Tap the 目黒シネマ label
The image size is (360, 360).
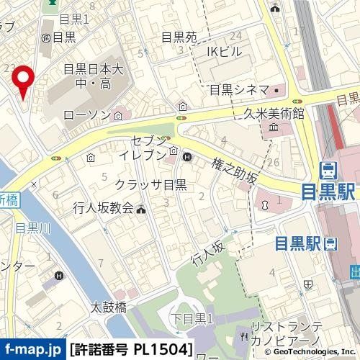tap(238, 90)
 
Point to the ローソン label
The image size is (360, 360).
tap(87, 114)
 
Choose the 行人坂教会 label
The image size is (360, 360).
tap(103, 209)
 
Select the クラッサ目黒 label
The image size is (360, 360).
tap(151, 184)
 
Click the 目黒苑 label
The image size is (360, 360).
tap(179, 37)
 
